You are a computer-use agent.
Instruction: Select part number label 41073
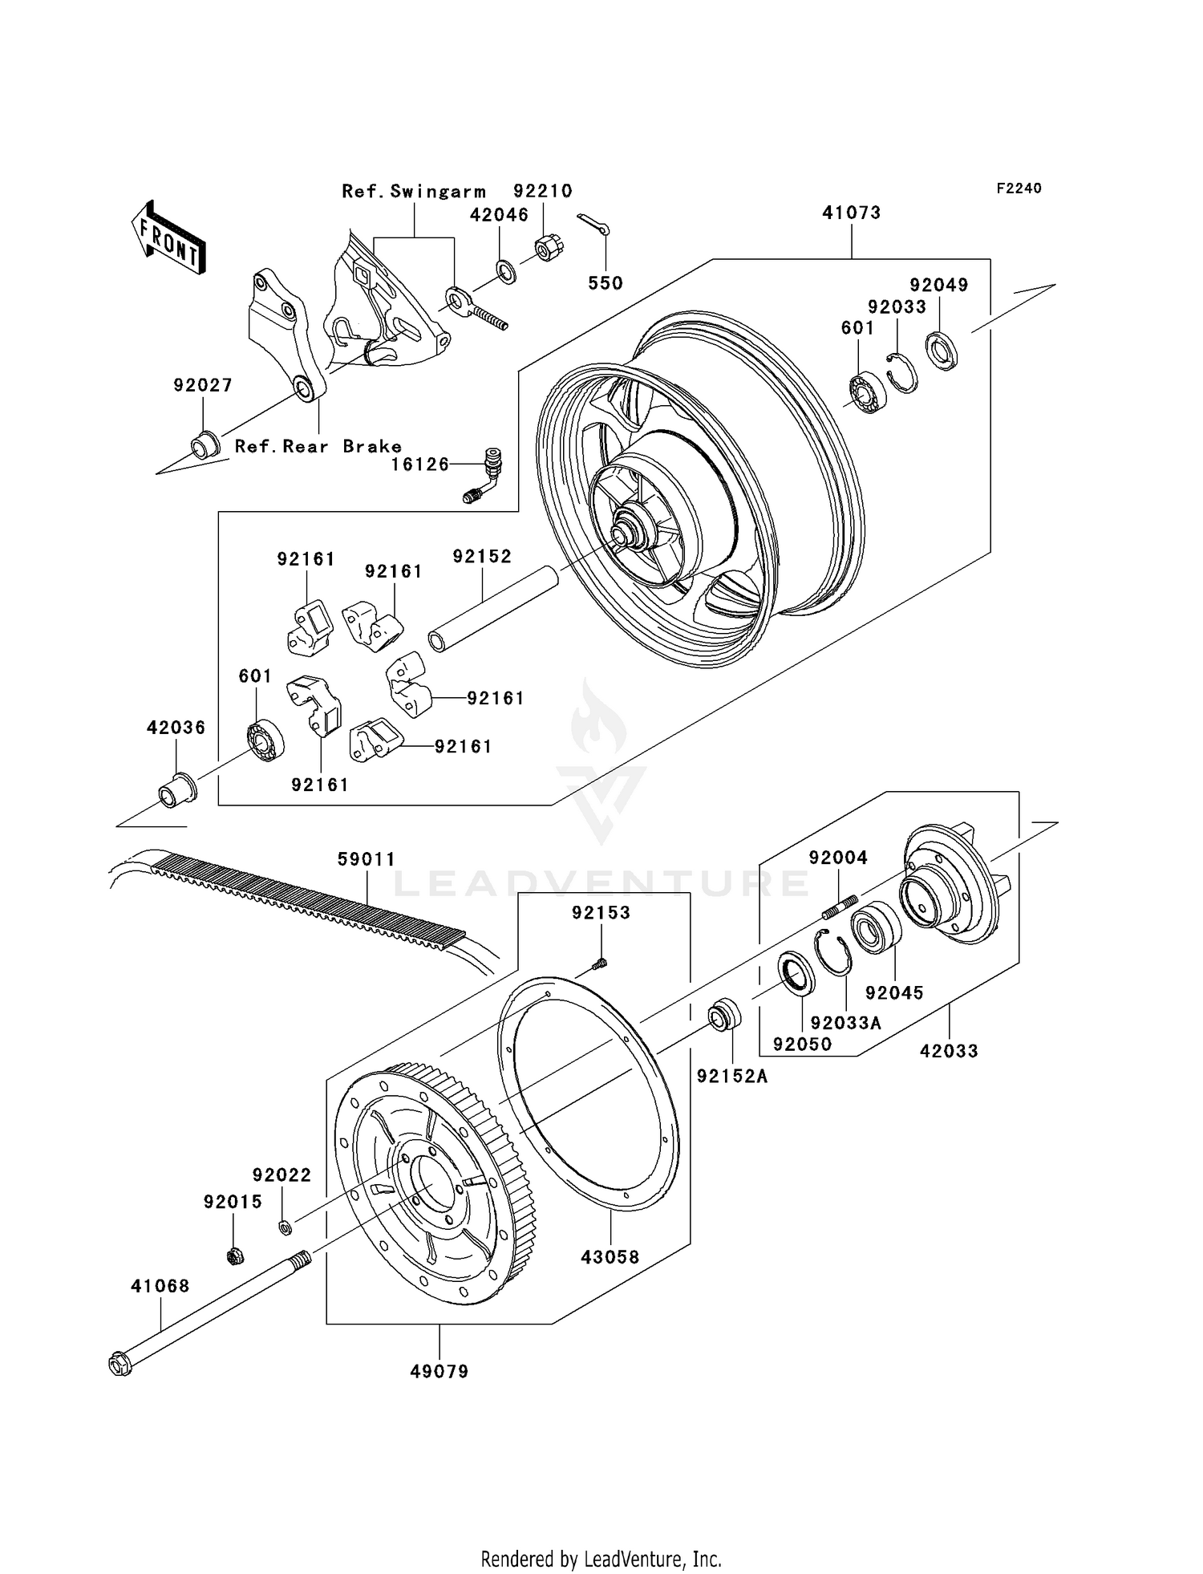coord(851,213)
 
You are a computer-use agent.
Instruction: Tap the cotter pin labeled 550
coord(593,225)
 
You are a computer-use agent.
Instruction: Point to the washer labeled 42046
coord(507,271)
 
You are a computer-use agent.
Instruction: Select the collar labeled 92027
coord(204,444)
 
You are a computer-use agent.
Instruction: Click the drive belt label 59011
coord(367,859)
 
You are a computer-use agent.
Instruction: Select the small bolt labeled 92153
coord(600,964)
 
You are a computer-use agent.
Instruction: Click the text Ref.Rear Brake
coord(318,446)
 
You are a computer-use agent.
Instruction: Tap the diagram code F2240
coord(1019,188)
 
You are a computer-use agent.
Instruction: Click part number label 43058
coord(610,1257)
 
